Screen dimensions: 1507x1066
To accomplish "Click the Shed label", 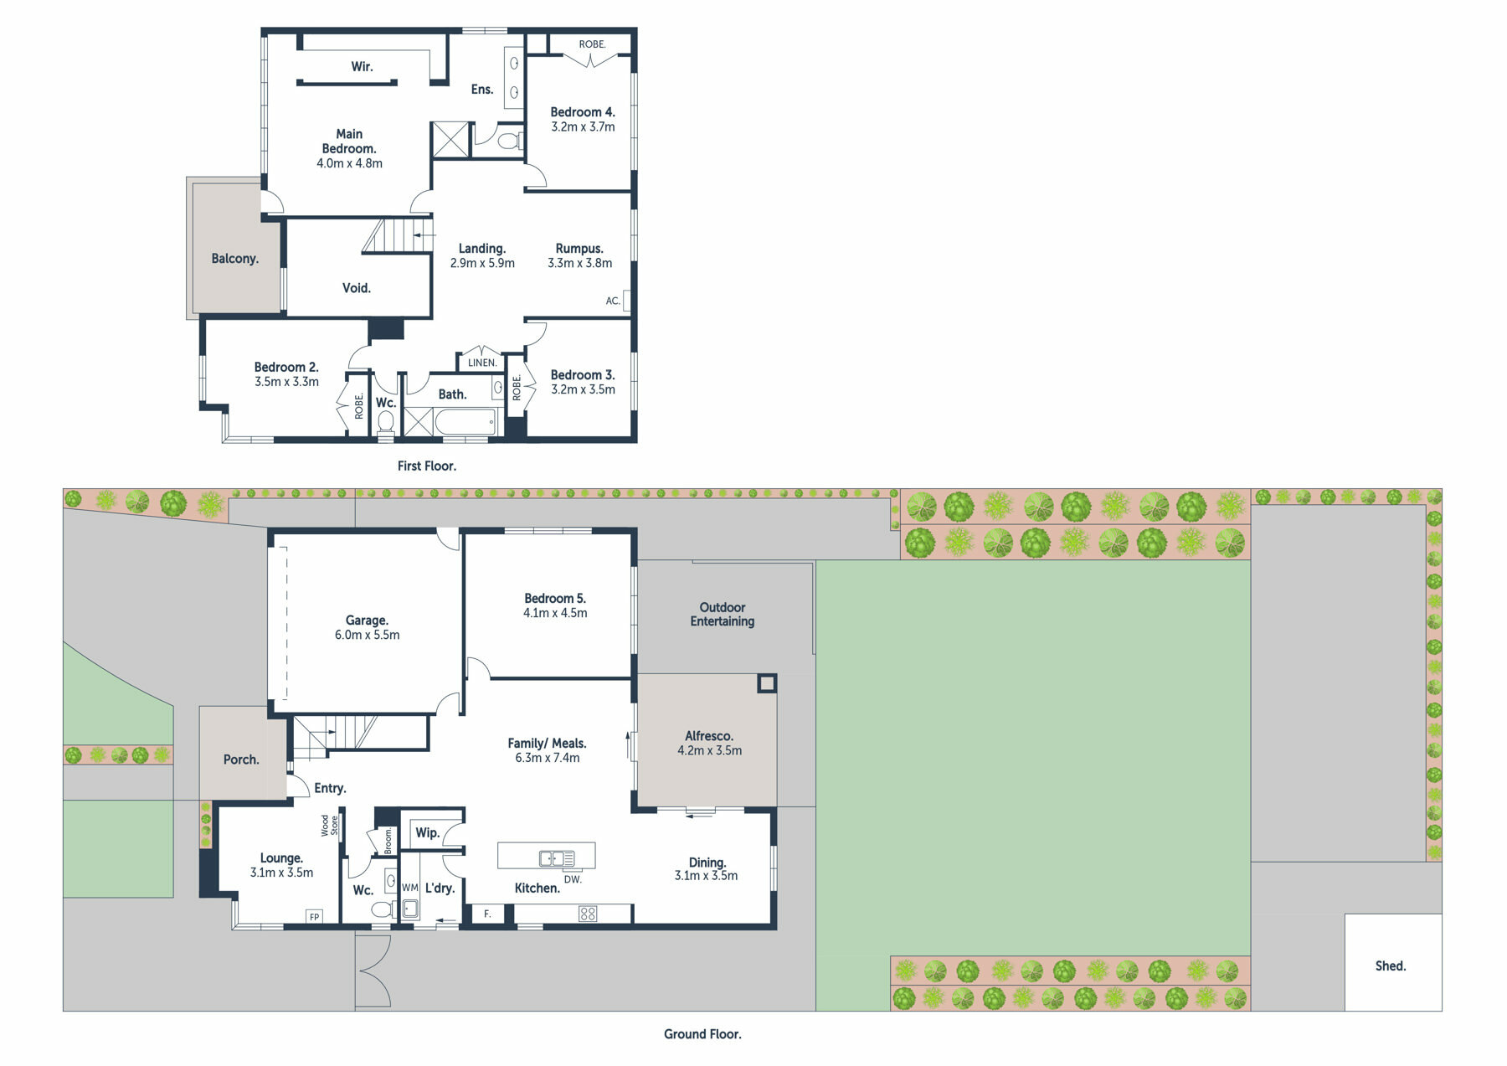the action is pos(1390,966).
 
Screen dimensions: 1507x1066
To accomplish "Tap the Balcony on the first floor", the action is pos(234,248).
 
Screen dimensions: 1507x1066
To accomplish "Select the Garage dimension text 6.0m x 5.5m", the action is pos(368,635).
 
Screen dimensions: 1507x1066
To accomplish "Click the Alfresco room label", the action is pos(709,736).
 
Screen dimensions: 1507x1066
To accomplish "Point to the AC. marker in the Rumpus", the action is pos(613,301).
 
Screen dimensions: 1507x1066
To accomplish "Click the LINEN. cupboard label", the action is pos(482,363).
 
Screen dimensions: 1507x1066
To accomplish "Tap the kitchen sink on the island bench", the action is pos(557,857).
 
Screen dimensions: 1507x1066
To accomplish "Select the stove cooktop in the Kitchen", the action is pos(588,914).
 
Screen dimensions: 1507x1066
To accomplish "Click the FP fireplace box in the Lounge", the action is pos(315,916).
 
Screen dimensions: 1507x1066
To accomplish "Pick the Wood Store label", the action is pos(329,826).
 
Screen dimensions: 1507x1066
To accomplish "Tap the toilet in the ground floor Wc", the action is pos(383,909).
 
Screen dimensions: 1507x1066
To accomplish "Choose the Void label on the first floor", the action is pos(357,288).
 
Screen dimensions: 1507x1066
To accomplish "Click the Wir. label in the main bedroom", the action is pos(362,66).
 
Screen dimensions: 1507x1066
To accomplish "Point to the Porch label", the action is pos(241,760).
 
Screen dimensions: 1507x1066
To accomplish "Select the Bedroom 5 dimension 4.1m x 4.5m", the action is pos(555,613).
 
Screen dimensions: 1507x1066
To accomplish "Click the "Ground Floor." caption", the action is pos(702,1034).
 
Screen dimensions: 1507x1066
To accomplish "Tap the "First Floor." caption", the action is pos(427,466).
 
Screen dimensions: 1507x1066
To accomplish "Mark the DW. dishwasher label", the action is pos(573,879).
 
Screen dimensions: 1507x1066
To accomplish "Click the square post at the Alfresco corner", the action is pos(766,683).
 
